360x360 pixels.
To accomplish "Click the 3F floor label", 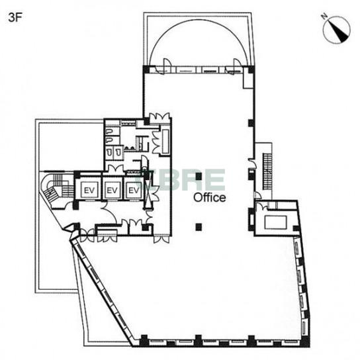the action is point(15,17).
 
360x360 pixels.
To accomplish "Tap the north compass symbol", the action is point(336,29).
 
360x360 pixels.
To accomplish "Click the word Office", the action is point(209,197).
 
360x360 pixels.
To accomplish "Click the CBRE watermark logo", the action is point(181,179).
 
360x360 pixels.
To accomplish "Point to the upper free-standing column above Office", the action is point(199,176).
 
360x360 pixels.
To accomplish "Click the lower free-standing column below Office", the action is point(199,227).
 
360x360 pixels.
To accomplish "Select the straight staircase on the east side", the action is point(267,171).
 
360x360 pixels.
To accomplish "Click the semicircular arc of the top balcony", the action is point(199,20).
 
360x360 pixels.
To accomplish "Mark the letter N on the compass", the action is point(324,17).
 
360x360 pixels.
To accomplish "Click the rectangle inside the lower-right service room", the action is point(275,222).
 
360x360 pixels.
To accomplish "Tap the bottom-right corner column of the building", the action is point(305,342).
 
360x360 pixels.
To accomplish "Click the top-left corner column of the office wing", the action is point(146,69).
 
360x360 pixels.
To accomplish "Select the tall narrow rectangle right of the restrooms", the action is point(165,142).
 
